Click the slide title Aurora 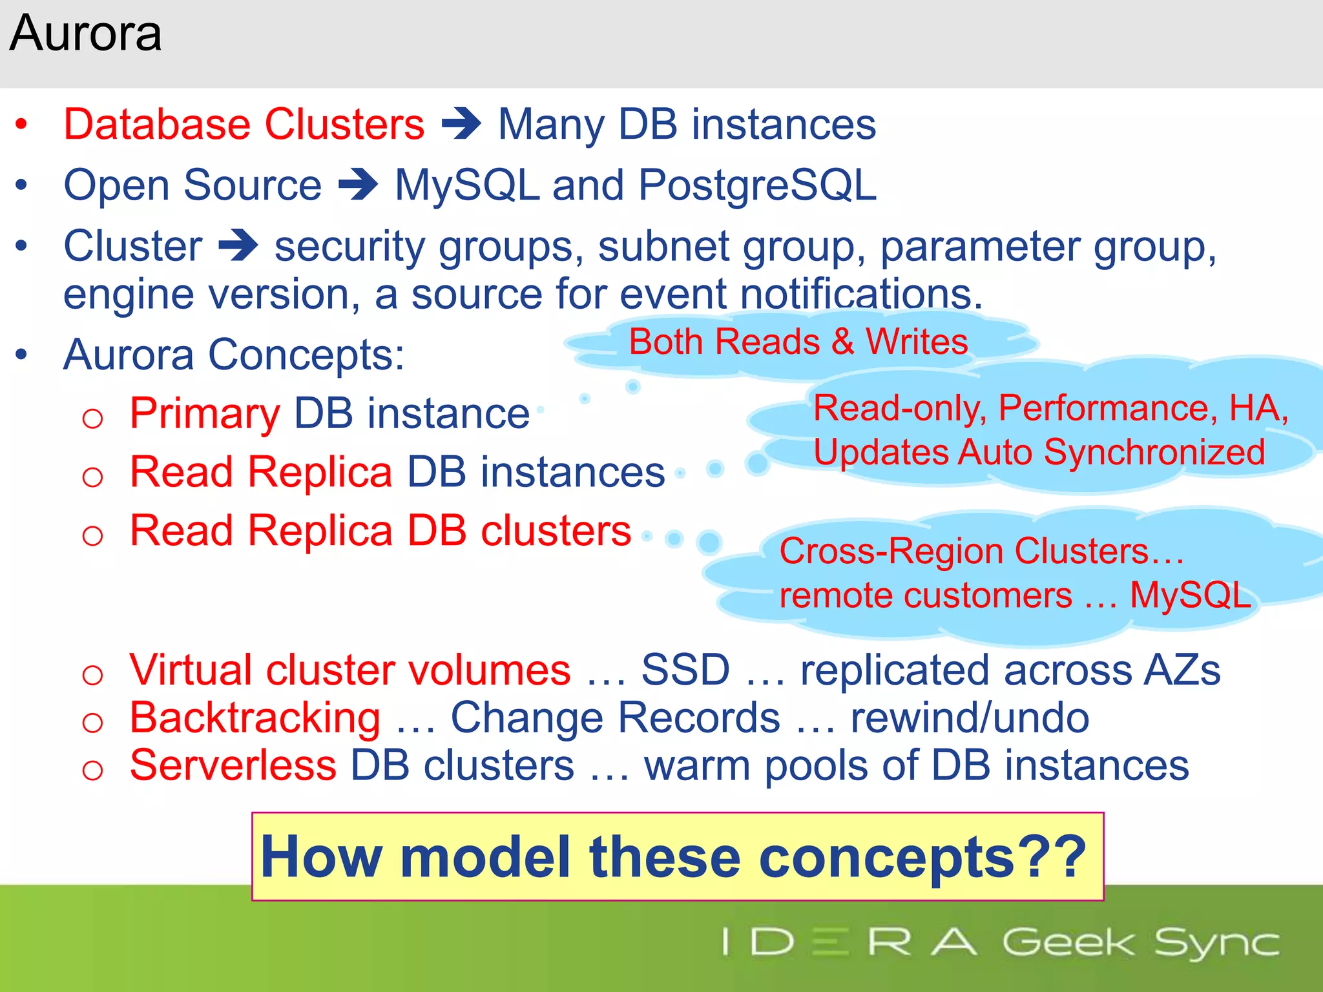click(x=85, y=34)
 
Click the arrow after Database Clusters click(x=461, y=124)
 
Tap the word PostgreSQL click(x=757, y=186)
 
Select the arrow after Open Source click(x=358, y=185)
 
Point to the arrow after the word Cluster click(x=238, y=246)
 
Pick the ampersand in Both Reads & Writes click(x=842, y=342)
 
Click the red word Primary click(x=205, y=414)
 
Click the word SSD click(x=685, y=670)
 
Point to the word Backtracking click(x=255, y=718)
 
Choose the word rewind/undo click(x=969, y=718)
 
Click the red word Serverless click(x=233, y=766)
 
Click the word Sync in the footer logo click(x=1216, y=943)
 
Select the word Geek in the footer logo click(x=1067, y=942)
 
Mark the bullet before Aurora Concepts click(x=22, y=355)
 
